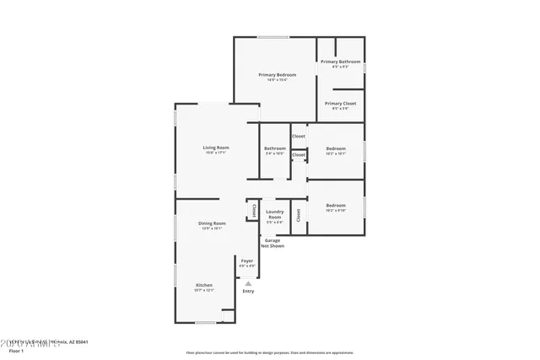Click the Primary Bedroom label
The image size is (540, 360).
pyautogui.click(x=277, y=74)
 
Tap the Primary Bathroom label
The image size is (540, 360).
pyautogui.click(x=340, y=62)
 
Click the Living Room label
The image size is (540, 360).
pyautogui.click(x=216, y=148)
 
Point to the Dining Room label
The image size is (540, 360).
pyautogui.click(x=211, y=223)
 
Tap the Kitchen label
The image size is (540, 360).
pyautogui.click(x=204, y=285)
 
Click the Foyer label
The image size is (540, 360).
pyautogui.click(x=247, y=261)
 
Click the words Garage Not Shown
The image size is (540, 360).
pyautogui.click(x=272, y=243)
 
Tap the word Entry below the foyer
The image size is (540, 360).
pyautogui.click(x=248, y=291)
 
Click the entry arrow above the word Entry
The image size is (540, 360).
pyautogui.click(x=248, y=282)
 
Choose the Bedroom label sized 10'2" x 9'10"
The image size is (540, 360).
pyautogui.click(x=336, y=205)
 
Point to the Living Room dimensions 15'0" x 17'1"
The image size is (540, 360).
pyautogui.click(x=216, y=153)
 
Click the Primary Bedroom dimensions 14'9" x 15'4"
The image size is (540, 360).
pyautogui.click(x=277, y=80)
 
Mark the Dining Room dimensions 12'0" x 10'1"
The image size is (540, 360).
pyautogui.click(x=211, y=228)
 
